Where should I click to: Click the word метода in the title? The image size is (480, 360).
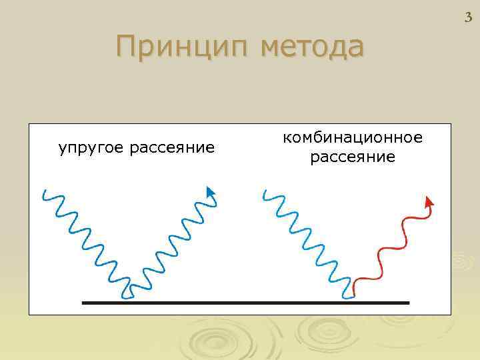tap(313, 48)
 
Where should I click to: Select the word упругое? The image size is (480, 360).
tap(92, 147)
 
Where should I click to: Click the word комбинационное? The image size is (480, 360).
tap(353, 138)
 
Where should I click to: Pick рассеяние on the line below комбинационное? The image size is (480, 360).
tap(353, 158)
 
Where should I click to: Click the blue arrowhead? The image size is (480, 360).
tap(211, 193)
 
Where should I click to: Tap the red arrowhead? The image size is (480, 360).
tap(429, 201)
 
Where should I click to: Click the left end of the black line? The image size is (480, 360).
tap(83, 302)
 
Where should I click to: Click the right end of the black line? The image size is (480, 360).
tap(407, 302)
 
